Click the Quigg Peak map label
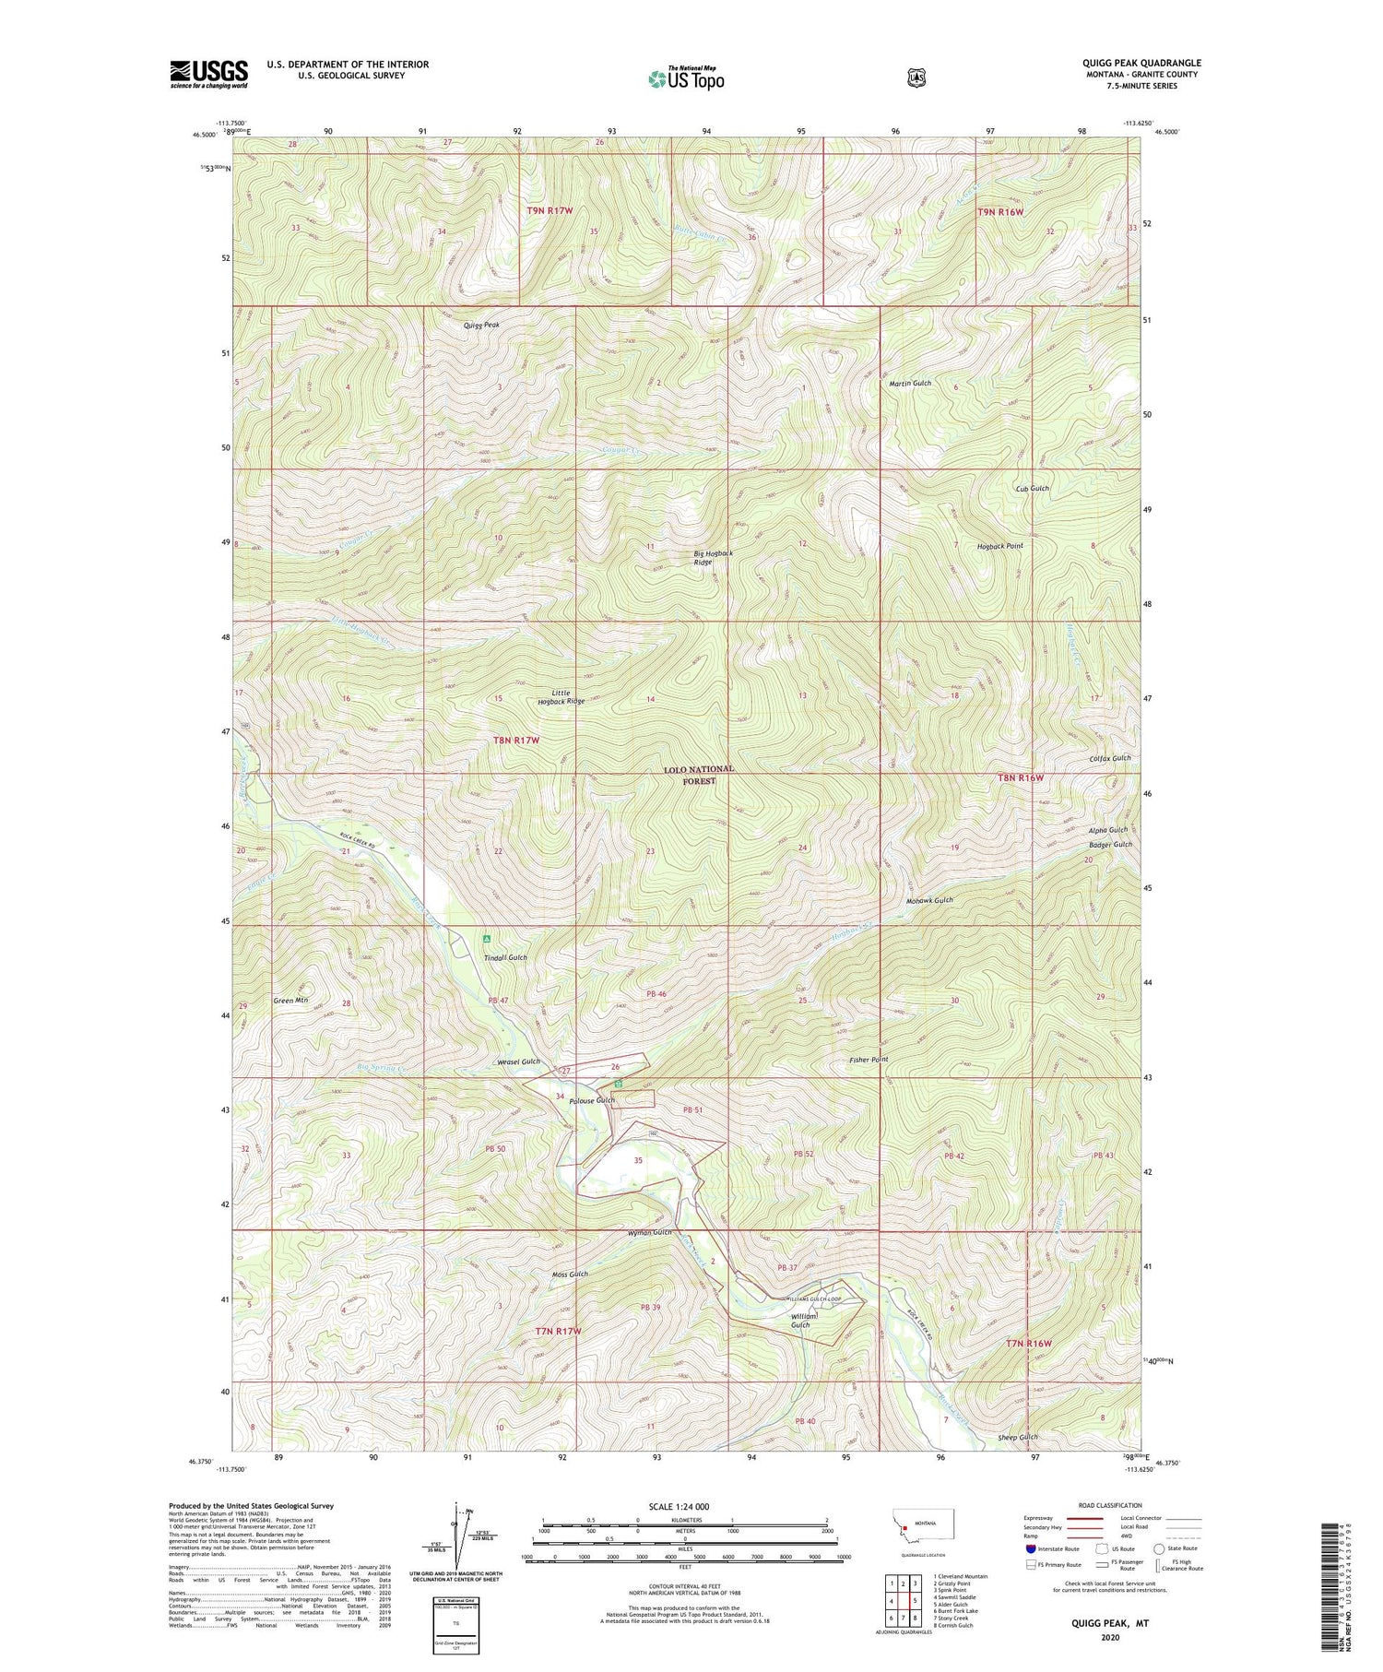(x=480, y=326)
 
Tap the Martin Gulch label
(x=910, y=383)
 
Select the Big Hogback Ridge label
(x=714, y=557)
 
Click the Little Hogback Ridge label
(x=561, y=697)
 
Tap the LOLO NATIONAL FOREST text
(x=700, y=775)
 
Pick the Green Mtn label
(x=290, y=1000)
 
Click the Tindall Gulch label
(x=505, y=958)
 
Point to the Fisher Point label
(x=869, y=1060)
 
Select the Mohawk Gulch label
(x=928, y=900)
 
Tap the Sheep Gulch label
(x=1018, y=1437)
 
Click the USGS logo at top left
(x=209, y=74)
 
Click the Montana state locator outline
(x=929, y=1525)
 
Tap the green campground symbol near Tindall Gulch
(x=487, y=939)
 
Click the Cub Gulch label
(x=1032, y=488)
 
